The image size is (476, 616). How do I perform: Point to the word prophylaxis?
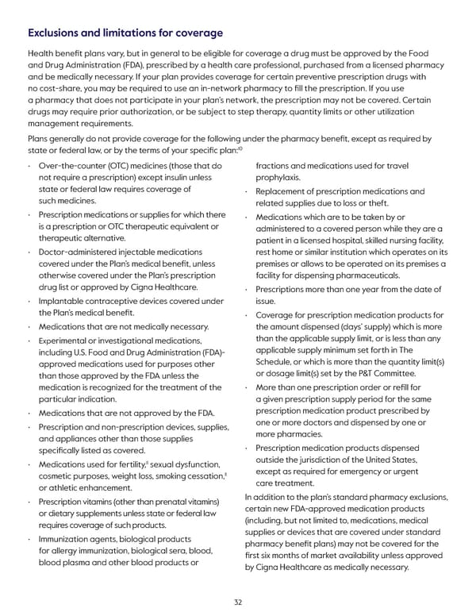coord(278,178)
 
